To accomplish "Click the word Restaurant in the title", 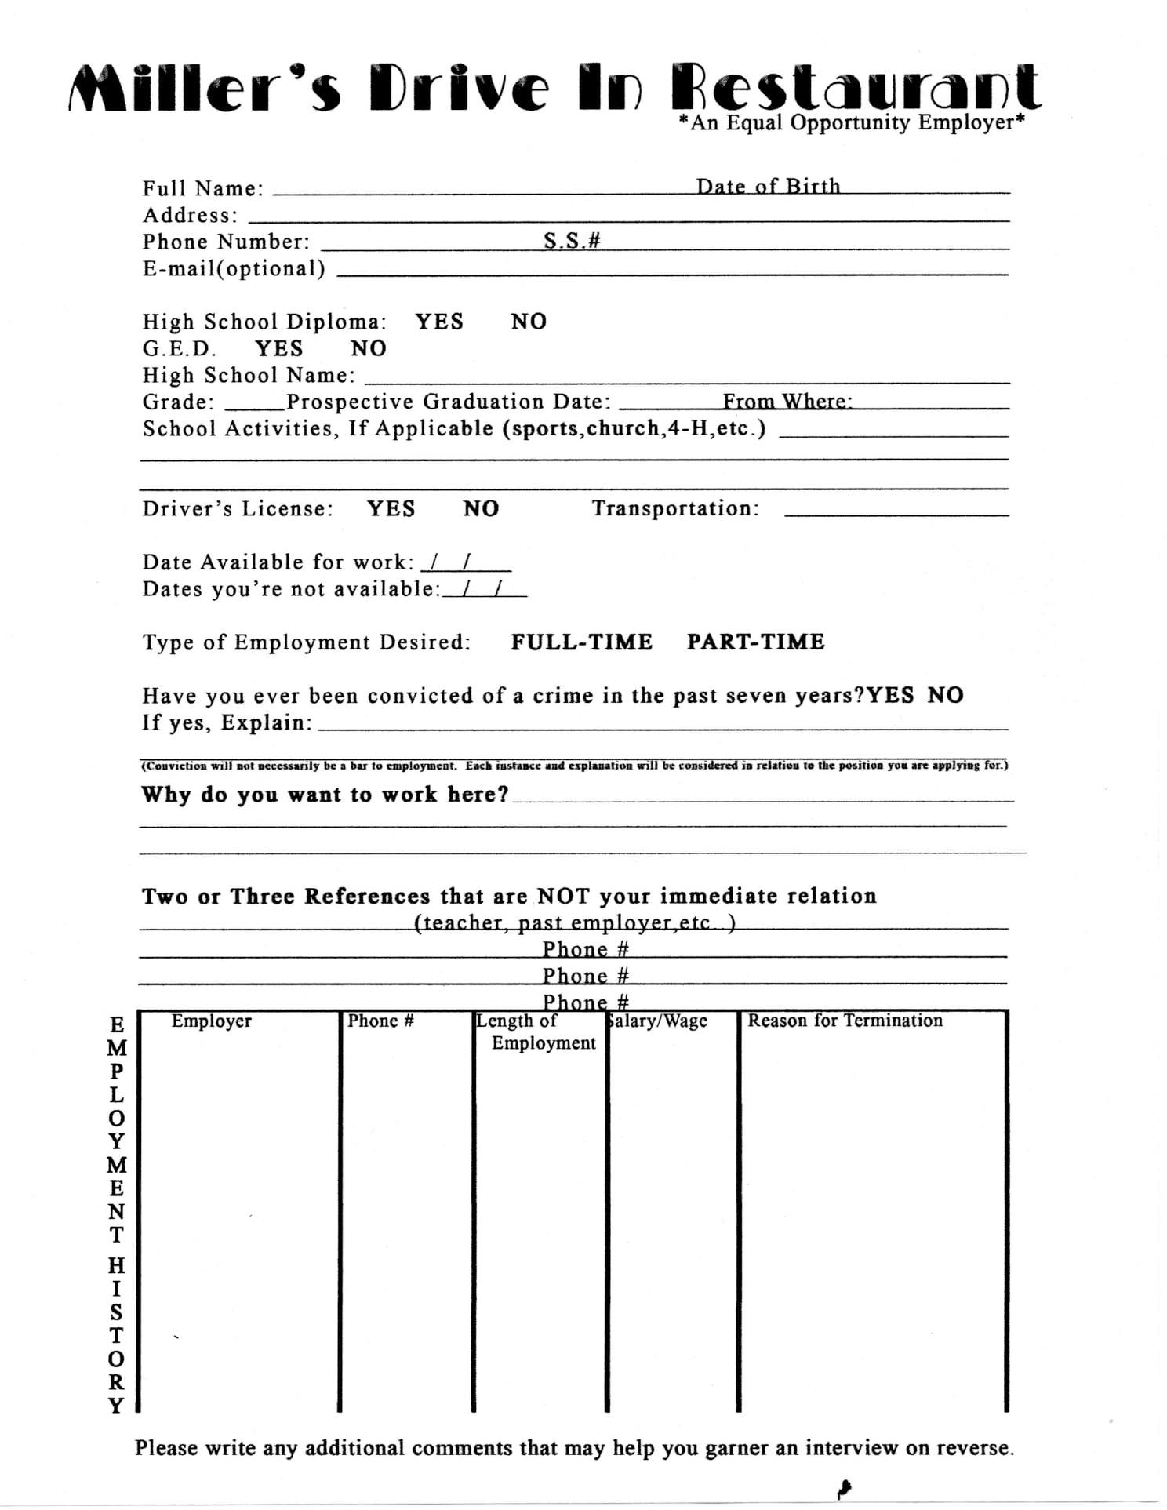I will point(856,88).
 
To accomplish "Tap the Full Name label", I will point(202,189).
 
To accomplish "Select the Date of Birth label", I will point(768,187).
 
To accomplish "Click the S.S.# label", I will point(572,241).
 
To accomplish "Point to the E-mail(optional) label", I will point(234,268).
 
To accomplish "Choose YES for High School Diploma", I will point(439,322).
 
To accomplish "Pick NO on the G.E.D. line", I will point(368,348).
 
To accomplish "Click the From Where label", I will point(787,402).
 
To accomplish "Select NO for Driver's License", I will point(481,509).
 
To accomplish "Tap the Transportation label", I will point(675,509).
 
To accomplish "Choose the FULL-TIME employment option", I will point(581,642).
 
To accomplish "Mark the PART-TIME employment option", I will point(755,642).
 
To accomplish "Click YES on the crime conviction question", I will point(890,696).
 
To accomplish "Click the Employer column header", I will point(211,1021).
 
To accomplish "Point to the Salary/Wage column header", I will point(658,1021).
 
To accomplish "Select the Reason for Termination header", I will point(845,1021).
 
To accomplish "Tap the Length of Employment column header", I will point(537,1032).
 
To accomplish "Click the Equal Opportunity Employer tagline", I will point(852,123).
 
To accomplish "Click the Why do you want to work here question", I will point(325,795).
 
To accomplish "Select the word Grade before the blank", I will point(178,402).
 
